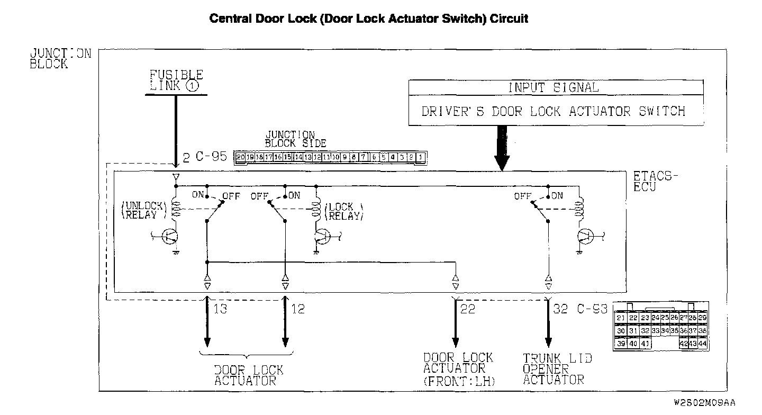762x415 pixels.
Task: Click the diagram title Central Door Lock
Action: tap(369, 19)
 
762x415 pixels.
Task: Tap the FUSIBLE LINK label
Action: tap(176, 80)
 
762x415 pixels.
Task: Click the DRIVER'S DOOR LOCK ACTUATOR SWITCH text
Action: tap(553, 112)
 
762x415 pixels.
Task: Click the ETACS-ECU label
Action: tap(655, 182)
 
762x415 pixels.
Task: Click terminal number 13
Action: tap(220, 309)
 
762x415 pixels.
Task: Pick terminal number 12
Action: tap(298, 309)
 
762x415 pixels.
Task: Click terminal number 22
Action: tap(468, 309)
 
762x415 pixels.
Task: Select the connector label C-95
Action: tap(212, 157)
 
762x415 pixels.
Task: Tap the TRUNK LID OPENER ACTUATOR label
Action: tap(557, 369)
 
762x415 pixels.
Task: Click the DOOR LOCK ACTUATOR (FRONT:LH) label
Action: tap(458, 369)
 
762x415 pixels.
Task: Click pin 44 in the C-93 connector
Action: tap(703, 343)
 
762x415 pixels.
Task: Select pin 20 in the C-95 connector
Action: tap(241, 157)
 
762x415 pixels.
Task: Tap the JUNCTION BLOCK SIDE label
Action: tap(295, 139)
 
